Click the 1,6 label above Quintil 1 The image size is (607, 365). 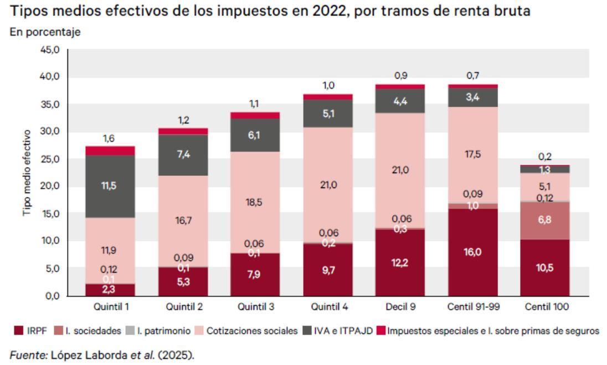(x=109, y=138)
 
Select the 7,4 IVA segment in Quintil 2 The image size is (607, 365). (x=184, y=155)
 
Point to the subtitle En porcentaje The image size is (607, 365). (x=44, y=32)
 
